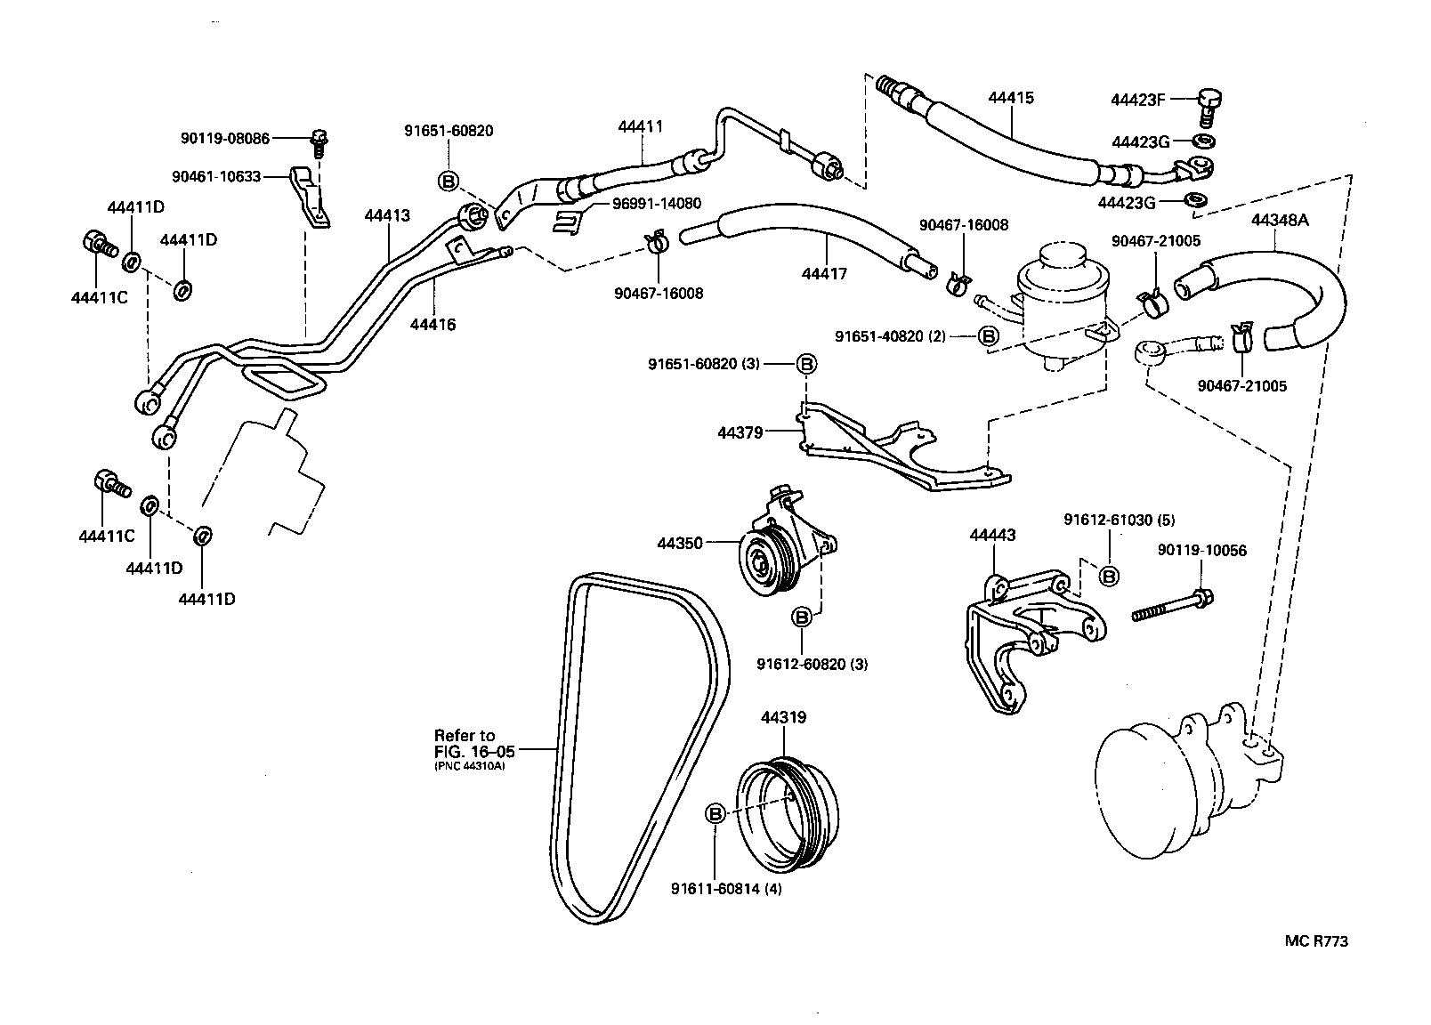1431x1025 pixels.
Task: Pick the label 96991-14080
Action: pyautogui.click(x=656, y=204)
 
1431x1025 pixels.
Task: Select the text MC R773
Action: pyautogui.click(x=1315, y=941)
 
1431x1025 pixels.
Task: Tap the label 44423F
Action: pyautogui.click(x=1137, y=100)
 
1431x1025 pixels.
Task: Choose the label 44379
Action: pyautogui.click(x=740, y=432)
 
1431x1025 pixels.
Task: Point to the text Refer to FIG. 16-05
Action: pyautogui.click(x=465, y=743)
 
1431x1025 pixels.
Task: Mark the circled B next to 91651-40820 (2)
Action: pyautogui.click(x=988, y=335)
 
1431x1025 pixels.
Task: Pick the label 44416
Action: pyautogui.click(x=433, y=325)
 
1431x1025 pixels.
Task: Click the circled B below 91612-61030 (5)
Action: pyautogui.click(x=1109, y=576)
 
